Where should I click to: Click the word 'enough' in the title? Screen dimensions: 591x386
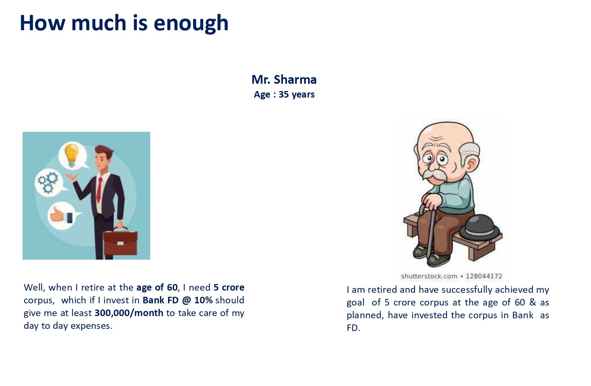[x=191, y=24]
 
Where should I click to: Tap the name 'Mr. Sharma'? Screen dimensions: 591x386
[x=284, y=79]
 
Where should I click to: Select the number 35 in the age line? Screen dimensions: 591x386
[x=284, y=94]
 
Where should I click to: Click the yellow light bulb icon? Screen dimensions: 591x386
[x=72, y=155]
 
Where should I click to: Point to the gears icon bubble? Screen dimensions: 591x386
[x=48, y=182]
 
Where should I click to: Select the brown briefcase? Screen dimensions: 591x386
[x=120, y=241]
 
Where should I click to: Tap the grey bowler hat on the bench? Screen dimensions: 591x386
[x=479, y=228]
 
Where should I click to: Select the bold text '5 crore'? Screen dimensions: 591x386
[x=229, y=287]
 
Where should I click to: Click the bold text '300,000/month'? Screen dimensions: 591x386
[x=129, y=313]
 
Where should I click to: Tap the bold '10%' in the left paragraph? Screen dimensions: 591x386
[x=203, y=300]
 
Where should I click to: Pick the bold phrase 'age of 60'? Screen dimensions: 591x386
[x=157, y=287]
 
